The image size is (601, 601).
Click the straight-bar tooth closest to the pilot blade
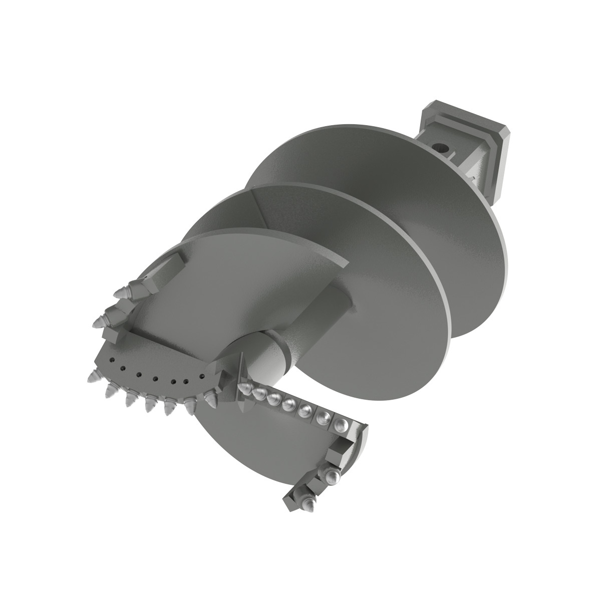(x=246, y=388)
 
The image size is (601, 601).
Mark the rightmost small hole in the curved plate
(x=201, y=375)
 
